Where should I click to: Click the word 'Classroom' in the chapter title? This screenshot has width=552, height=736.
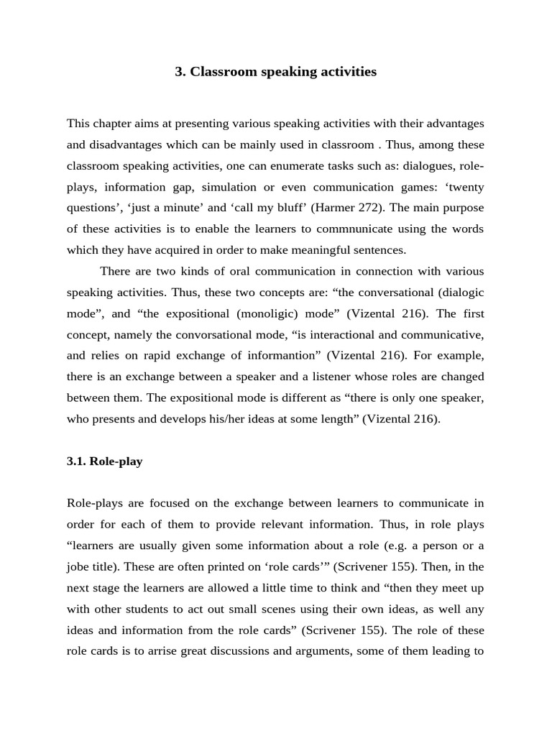tap(218, 72)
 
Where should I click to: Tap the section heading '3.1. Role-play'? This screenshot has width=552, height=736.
tap(104, 461)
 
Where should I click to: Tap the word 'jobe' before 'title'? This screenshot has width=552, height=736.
tap(79, 566)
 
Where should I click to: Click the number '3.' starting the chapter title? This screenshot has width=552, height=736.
tap(180, 72)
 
